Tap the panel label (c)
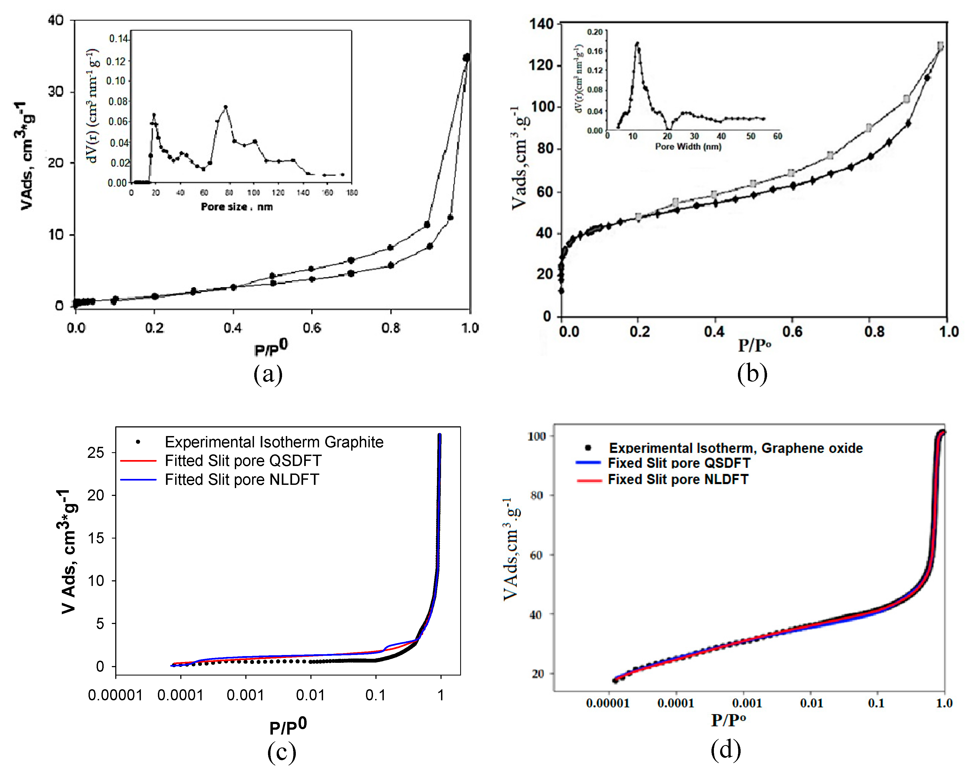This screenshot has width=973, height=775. [x=282, y=752]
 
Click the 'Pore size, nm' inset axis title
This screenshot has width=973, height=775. [x=236, y=207]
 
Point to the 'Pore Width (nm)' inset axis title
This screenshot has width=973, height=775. [x=688, y=146]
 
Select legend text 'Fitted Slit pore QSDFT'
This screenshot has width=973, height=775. [x=243, y=461]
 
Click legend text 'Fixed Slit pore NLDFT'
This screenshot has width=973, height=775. [x=678, y=479]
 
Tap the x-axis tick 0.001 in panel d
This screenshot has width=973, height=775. [x=747, y=703]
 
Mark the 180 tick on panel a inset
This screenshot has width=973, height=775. [x=352, y=193]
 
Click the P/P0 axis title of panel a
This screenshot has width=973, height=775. [x=271, y=348]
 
